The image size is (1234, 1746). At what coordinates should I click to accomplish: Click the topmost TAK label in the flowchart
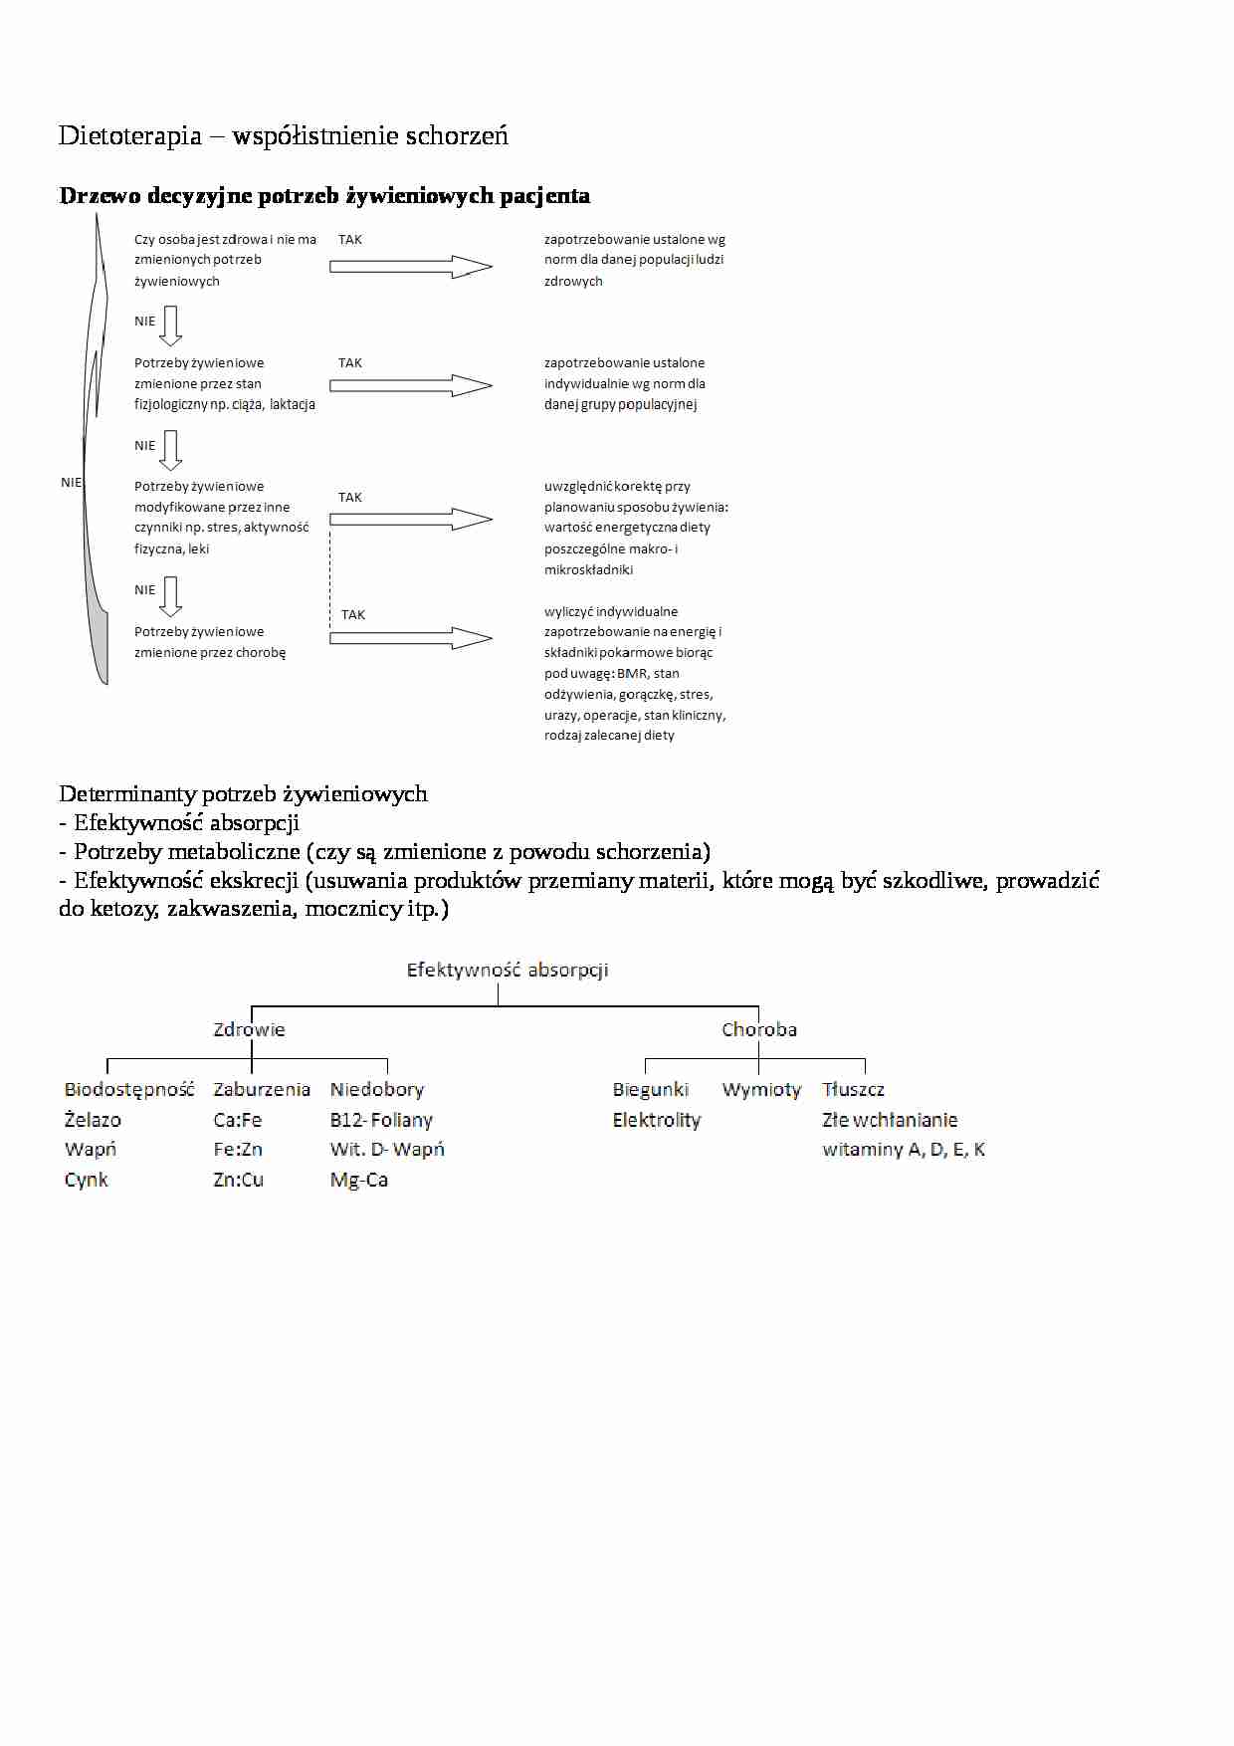tap(350, 240)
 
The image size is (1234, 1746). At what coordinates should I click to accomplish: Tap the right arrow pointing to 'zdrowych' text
tap(410, 267)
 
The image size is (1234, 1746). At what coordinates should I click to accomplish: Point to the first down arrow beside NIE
tap(171, 325)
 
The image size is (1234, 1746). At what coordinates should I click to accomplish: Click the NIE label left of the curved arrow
tap(71, 483)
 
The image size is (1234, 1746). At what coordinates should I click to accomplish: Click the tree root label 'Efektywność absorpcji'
tap(507, 970)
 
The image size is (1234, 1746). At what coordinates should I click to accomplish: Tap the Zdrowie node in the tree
tap(249, 1029)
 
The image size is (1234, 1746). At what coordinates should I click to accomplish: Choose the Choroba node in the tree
tap(759, 1029)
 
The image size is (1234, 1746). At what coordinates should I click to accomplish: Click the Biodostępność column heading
tap(129, 1089)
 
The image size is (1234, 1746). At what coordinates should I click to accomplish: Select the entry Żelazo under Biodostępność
tap(93, 1120)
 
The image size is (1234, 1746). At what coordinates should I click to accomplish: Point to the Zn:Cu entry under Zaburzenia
tap(238, 1180)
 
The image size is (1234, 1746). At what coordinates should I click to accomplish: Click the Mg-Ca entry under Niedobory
tap(359, 1180)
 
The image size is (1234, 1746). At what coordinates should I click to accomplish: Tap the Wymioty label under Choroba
tap(761, 1089)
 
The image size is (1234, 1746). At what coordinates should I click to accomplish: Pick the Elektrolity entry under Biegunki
tap(657, 1120)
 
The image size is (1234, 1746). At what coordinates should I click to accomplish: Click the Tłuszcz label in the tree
tap(853, 1089)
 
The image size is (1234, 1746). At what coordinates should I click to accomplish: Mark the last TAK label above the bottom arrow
tap(353, 615)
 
